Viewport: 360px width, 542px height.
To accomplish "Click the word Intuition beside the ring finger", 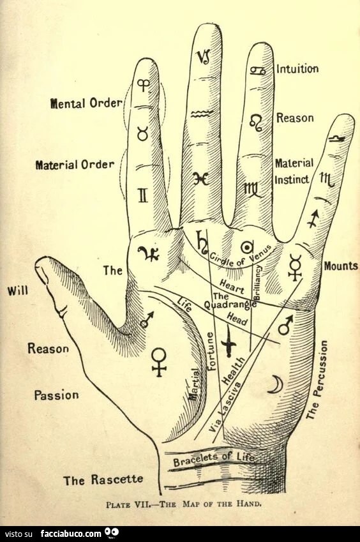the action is coord(297,69).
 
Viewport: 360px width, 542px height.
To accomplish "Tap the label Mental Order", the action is coord(86,103).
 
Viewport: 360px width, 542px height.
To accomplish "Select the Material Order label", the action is coord(75,165).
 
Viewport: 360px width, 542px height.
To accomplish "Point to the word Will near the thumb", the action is coord(18,291).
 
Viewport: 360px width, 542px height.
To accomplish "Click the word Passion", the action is coord(56,395).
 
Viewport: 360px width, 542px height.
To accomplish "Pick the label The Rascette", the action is coord(103,480).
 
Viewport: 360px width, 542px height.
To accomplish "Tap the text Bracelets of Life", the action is coord(214,459).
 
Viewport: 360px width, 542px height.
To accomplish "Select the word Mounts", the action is coord(341,266).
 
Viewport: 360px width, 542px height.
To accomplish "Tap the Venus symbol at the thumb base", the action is coord(160,362).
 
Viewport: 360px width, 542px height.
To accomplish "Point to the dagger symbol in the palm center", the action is coord(229,342).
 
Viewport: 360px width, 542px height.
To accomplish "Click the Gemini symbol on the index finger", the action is coord(143,195).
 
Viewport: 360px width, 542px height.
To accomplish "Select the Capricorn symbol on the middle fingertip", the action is coord(204,56).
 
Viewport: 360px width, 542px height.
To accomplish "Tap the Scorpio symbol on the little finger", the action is coord(327,179).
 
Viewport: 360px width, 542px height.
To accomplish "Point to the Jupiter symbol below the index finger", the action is coord(149,253).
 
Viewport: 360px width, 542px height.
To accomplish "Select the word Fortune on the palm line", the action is coord(211,351).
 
